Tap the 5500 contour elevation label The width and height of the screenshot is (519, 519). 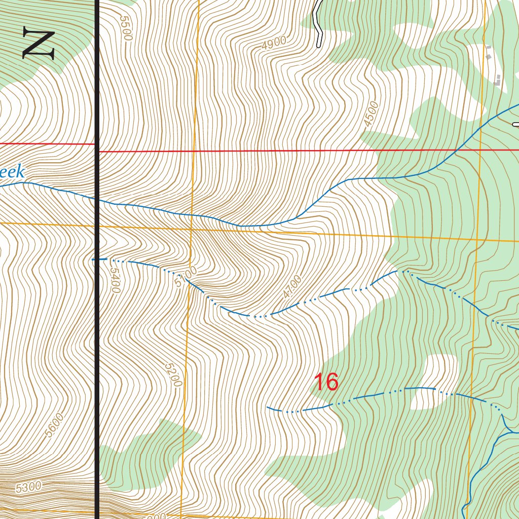(126, 28)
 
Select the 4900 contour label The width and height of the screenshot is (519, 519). (275, 43)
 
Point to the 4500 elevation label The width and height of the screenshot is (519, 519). (372, 114)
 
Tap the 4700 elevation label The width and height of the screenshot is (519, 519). (292, 286)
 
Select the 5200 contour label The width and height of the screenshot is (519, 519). (173, 374)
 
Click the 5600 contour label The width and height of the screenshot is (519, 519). (55, 425)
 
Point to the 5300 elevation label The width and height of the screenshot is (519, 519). (28, 488)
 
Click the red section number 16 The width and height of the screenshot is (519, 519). (326, 382)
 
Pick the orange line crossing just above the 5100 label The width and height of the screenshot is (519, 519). (192, 229)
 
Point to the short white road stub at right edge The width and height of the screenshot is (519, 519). (515, 124)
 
